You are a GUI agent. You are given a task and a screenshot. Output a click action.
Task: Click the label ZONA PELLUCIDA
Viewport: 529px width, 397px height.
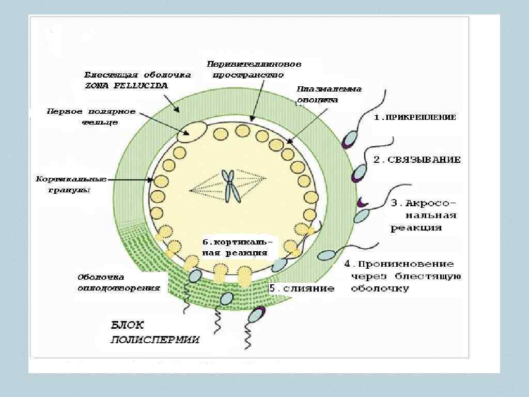click(126, 86)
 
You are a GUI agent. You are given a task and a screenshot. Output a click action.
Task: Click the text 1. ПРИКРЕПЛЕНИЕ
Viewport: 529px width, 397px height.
click(415, 117)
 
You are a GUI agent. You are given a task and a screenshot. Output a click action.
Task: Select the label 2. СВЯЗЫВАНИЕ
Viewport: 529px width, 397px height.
click(417, 160)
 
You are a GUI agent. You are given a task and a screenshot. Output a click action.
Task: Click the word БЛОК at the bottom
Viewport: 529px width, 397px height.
click(128, 325)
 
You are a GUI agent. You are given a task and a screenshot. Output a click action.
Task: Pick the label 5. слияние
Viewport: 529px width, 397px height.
click(302, 288)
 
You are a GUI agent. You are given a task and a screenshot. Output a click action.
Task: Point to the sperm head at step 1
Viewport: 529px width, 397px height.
click(350, 139)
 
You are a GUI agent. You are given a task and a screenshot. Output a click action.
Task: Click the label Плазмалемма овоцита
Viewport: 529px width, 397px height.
click(329, 95)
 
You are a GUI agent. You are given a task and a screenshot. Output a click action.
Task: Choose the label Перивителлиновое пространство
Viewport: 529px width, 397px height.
click(254, 69)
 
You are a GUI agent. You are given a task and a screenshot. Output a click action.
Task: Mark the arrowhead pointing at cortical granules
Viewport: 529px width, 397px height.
click(152, 180)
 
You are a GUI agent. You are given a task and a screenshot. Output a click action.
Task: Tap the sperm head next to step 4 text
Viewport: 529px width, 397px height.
click(325, 254)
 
